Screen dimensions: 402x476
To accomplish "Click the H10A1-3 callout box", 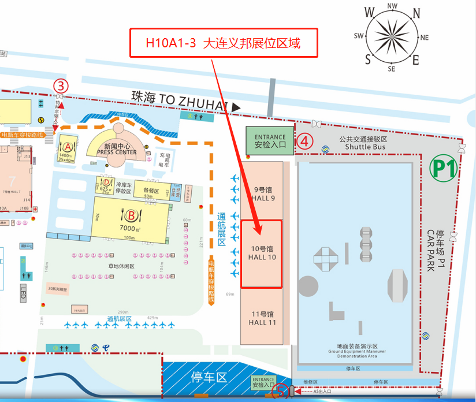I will tap(224, 43).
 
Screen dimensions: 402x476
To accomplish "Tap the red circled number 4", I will tap(306, 140).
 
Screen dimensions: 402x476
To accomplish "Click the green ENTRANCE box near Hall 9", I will tap(270, 141).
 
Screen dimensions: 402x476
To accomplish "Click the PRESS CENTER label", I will tap(117, 152).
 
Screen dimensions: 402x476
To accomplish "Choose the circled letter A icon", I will tap(68, 147).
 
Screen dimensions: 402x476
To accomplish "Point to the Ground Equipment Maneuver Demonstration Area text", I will tap(357, 353).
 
